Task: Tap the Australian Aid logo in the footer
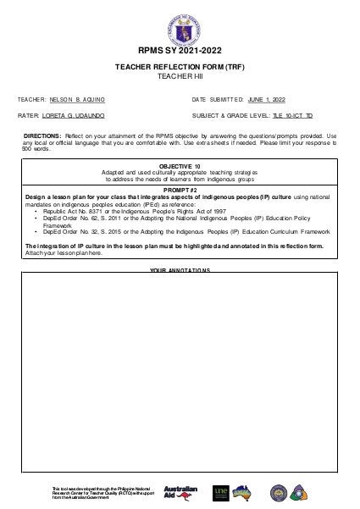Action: pos(180,492)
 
